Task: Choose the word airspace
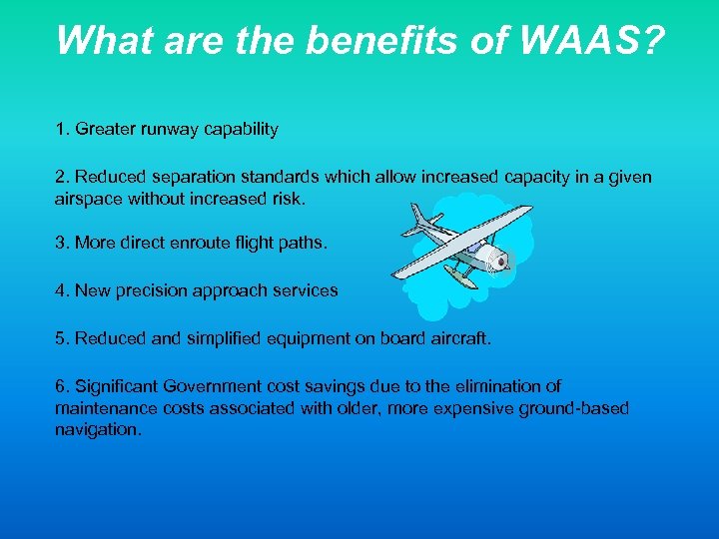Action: [x=87, y=199]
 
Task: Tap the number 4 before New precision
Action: [x=61, y=290]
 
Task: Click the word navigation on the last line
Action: [x=98, y=430]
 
